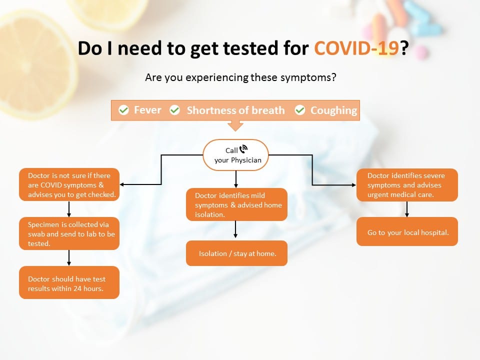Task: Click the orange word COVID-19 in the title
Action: (356, 48)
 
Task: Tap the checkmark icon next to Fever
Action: (123, 110)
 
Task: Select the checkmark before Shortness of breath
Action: (175, 110)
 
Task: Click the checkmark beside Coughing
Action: (300, 110)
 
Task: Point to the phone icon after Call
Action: (243, 149)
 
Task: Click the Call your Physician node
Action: (235, 155)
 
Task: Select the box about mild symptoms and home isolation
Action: (236, 204)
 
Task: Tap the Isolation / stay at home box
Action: (236, 253)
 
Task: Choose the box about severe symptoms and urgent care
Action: (407, 185)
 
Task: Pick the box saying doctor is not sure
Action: (69, 184)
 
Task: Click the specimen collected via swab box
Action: (69, 233)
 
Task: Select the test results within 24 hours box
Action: (69, 282)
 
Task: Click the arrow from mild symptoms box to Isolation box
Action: (235, 229)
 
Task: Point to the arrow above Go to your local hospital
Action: (407, 209)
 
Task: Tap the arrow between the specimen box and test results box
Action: (69, 258)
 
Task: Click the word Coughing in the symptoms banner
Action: (333, 110)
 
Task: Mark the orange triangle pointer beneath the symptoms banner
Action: (235, 125)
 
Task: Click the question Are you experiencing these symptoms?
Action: (240, 77)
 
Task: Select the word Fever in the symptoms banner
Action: (147, 110)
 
